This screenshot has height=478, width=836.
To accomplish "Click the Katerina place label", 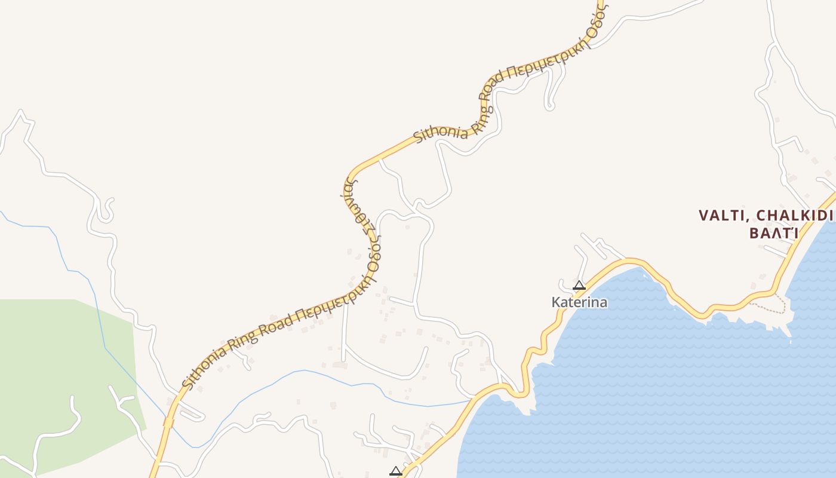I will click(x=579, y=302).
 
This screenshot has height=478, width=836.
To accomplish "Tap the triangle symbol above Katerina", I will click(x=579, y=285).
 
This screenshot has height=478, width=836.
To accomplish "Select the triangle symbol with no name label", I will click(x=395, y=471).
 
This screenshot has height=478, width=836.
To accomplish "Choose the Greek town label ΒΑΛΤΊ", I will click(x=773, y=233).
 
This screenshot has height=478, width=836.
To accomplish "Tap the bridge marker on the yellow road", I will click(x=168, y=422).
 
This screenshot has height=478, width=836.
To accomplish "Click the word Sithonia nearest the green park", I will click(x=203, y=367).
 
